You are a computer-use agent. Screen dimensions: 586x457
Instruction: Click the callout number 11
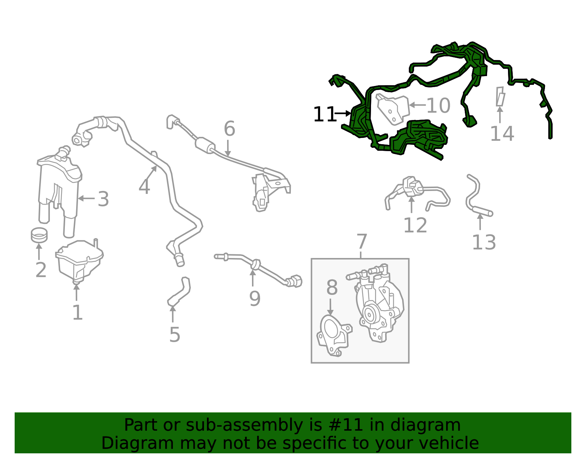[324, 114]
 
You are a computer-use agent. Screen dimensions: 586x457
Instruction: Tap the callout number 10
[438, 105]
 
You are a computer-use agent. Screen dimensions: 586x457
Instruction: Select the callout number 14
[502, 134]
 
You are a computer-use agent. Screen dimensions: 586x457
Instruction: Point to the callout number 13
[484, 242]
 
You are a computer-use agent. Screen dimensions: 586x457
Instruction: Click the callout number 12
[415, 225]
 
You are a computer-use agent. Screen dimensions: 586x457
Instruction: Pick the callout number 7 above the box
[361, 241]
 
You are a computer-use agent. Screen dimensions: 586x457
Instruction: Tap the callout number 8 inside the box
[332, 287]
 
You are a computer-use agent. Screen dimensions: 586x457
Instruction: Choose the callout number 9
[255, 298]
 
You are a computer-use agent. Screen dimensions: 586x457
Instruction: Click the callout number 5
[174, 335]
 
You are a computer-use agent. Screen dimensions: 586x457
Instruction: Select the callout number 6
[230, 128]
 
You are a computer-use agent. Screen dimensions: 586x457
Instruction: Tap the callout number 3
[103, 199]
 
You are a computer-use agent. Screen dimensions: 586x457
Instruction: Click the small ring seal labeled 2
[39, 235]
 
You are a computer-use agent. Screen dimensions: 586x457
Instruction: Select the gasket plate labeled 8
[334, 336]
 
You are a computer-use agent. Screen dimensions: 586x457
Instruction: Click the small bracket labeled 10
[393, 109]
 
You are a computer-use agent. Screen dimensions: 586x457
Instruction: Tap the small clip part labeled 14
[500, 96]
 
